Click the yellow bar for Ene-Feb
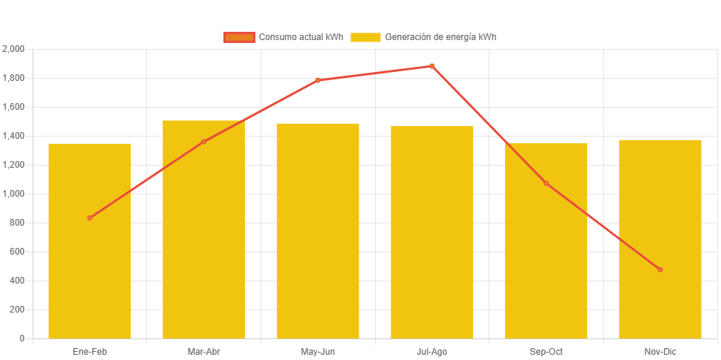(90, 245)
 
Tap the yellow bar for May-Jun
(318, 238)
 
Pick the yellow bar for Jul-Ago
(432, 238)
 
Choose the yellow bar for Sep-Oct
(546, 245)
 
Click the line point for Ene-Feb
(90, 217)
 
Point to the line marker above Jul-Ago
(432, 66)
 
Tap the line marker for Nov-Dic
(660, 269)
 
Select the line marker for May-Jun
(318, 80)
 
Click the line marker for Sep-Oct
(546, 183)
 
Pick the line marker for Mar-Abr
(203, 141)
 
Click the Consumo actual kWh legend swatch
(239, 37)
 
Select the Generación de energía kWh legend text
(441, 37)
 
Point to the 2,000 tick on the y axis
(14, 49)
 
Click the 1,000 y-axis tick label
(14, 194)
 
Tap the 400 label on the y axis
(17, 281)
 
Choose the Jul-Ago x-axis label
(432, 351)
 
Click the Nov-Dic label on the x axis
(660, 351)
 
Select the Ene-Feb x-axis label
(90, 351)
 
